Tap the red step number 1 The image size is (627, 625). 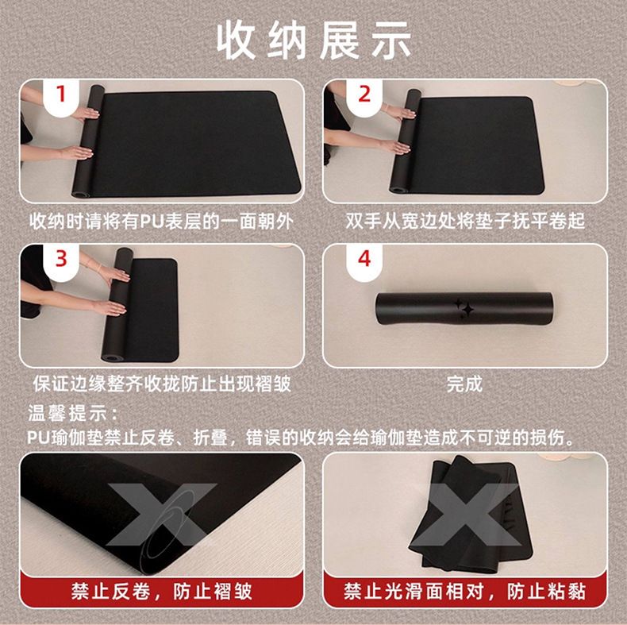point(61,94)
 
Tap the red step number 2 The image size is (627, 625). point(364,94)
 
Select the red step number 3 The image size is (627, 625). point(61,258)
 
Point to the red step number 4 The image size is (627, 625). point(364,258)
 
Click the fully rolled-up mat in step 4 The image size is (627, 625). point(464,308)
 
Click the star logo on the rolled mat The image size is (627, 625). point(464,307)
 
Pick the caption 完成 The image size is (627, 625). point(464,384)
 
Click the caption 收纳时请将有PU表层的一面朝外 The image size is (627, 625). point(162,221)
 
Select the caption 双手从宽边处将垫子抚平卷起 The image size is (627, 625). point(465,221)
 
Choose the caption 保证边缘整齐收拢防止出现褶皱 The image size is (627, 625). point(162,384)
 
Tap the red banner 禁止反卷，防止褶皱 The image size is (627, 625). point(162,592)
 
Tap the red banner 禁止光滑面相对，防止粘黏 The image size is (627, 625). point(464,592)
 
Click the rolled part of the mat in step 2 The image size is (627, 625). point(405,141)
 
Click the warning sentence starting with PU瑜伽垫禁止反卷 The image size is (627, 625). point(302,438)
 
